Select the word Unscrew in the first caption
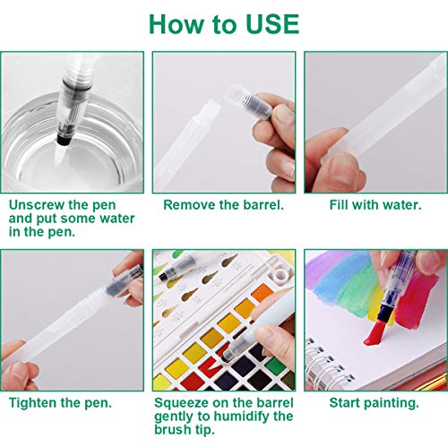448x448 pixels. (37, 205)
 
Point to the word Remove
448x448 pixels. (189, 205)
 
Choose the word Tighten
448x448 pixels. (35, 403)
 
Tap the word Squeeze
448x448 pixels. (186, 403)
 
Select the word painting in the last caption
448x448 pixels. (391, 403)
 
